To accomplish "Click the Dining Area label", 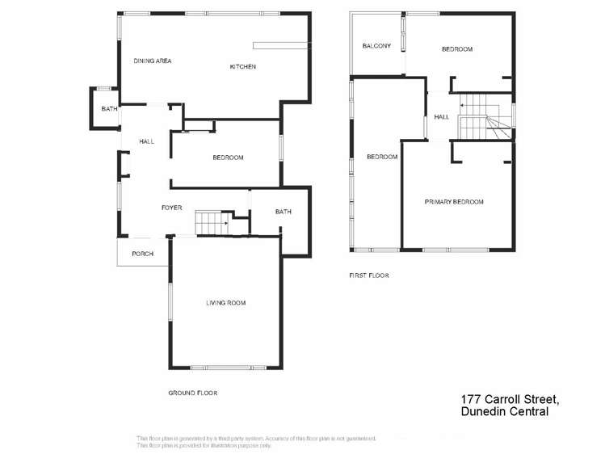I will (152, 61).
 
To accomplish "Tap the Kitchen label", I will (242, 67).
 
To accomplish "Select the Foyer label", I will (171, 208).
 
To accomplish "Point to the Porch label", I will (143, 254).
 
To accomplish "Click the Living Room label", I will (225, 303).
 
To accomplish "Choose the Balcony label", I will (376, 46).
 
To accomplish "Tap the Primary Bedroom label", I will (454, 202).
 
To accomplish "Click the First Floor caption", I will (368, 275).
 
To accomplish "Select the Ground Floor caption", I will (192, 393).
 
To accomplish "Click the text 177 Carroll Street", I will (509, 399).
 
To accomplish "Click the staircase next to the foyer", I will (212, 221).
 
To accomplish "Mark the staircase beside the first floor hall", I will (480, 116).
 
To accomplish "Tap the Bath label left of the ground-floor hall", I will (107, 109).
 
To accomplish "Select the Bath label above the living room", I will (283, 212).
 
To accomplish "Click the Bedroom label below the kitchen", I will (228, 158).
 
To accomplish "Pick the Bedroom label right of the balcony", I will (456, 49).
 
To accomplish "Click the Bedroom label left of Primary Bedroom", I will (382, 157).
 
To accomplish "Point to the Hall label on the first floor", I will (441, 117).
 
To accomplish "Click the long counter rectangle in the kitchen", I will (279, 45).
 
